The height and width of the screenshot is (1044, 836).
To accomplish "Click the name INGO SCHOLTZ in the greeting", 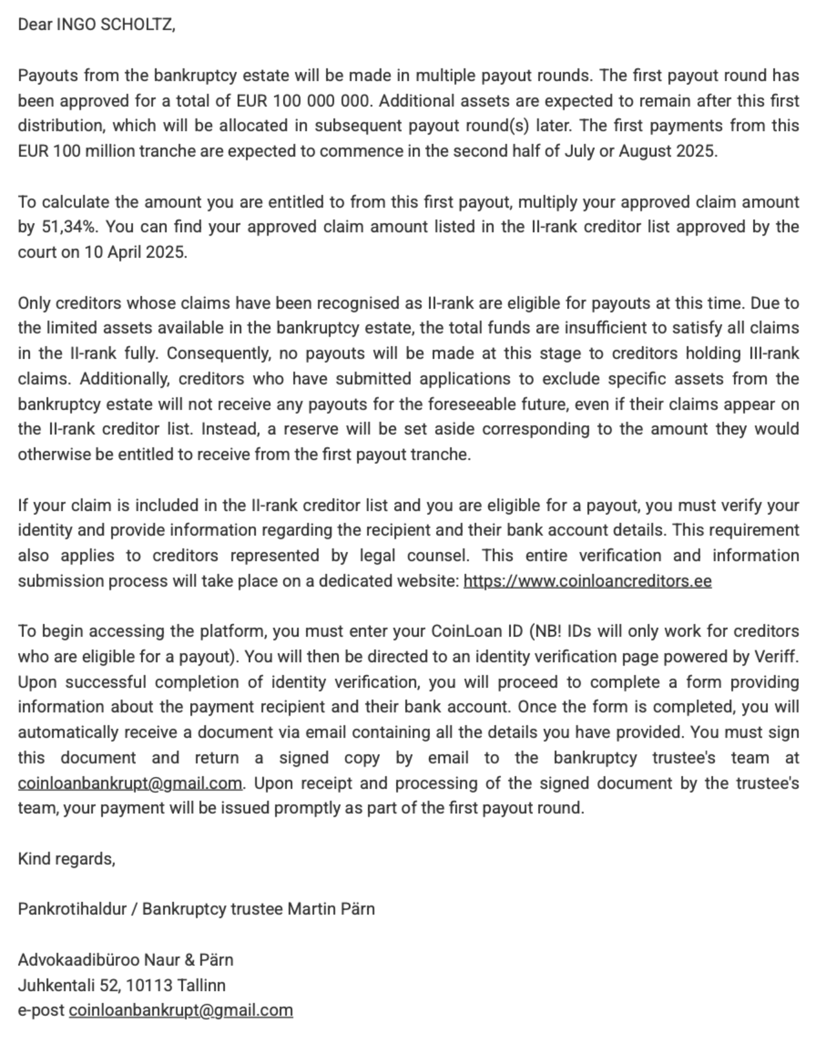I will pos(115,25).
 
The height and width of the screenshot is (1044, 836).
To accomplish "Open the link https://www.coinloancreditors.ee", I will pos(587,581).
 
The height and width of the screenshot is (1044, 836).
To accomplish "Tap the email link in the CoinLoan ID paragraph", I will pos(130,783).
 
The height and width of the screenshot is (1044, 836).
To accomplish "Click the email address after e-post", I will pos(181,1011).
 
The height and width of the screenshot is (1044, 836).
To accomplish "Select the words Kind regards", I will pos(66,859).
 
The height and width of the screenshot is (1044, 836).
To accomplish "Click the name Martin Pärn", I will pos(331,909).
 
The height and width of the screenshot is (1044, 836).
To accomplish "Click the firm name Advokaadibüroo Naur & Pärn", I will pos(125,960).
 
